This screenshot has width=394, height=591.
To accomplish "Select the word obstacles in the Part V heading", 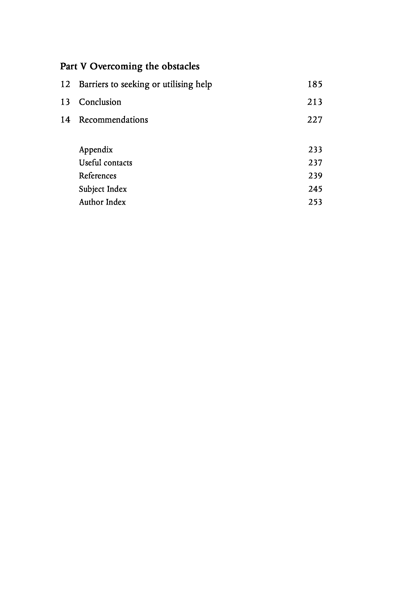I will coord(180,66).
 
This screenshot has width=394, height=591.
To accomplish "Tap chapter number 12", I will coord(65,84).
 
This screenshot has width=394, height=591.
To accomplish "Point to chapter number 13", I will coord(65,102).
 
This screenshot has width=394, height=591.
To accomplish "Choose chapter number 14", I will coord(65,120).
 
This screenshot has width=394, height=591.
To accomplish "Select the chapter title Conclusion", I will coord(100,102).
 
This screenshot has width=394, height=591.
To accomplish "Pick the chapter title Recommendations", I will coord(113,120).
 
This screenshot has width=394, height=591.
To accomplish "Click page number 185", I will coord(315,84).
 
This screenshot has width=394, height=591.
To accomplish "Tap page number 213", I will coord(315,102).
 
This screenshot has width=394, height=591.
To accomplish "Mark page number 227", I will coord(315,120).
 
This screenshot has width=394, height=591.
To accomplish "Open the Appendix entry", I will coord(96,150).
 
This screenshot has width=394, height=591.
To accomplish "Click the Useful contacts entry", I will coord(105,163).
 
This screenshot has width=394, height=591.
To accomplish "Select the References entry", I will coord(98,176).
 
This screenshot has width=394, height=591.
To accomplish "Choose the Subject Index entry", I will coord(103,189).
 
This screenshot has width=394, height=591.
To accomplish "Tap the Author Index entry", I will coord(102,202).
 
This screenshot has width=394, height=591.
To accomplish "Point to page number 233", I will coord(315,150).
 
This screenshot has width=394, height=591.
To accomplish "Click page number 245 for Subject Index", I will coord(315,189).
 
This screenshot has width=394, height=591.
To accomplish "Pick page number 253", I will coord(315,202).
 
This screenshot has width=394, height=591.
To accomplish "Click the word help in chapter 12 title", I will coord(204,84).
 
